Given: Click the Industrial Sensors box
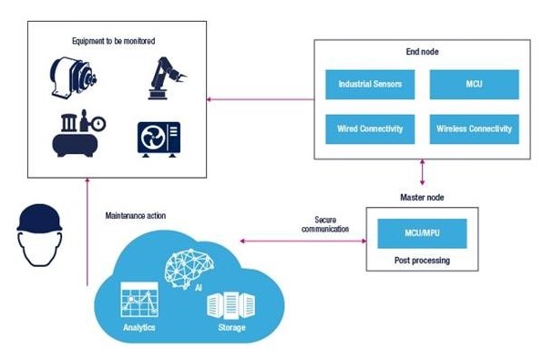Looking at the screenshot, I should tap(369, 85).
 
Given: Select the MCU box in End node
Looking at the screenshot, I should tap(473, 85).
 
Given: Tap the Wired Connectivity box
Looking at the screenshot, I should tap(369, 129).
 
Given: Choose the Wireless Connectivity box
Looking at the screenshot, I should tap(473, 129).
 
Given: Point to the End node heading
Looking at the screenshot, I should tap(421, 53).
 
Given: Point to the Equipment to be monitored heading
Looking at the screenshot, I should tap(114, 41).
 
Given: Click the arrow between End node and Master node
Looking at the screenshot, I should tap(421, 173).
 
